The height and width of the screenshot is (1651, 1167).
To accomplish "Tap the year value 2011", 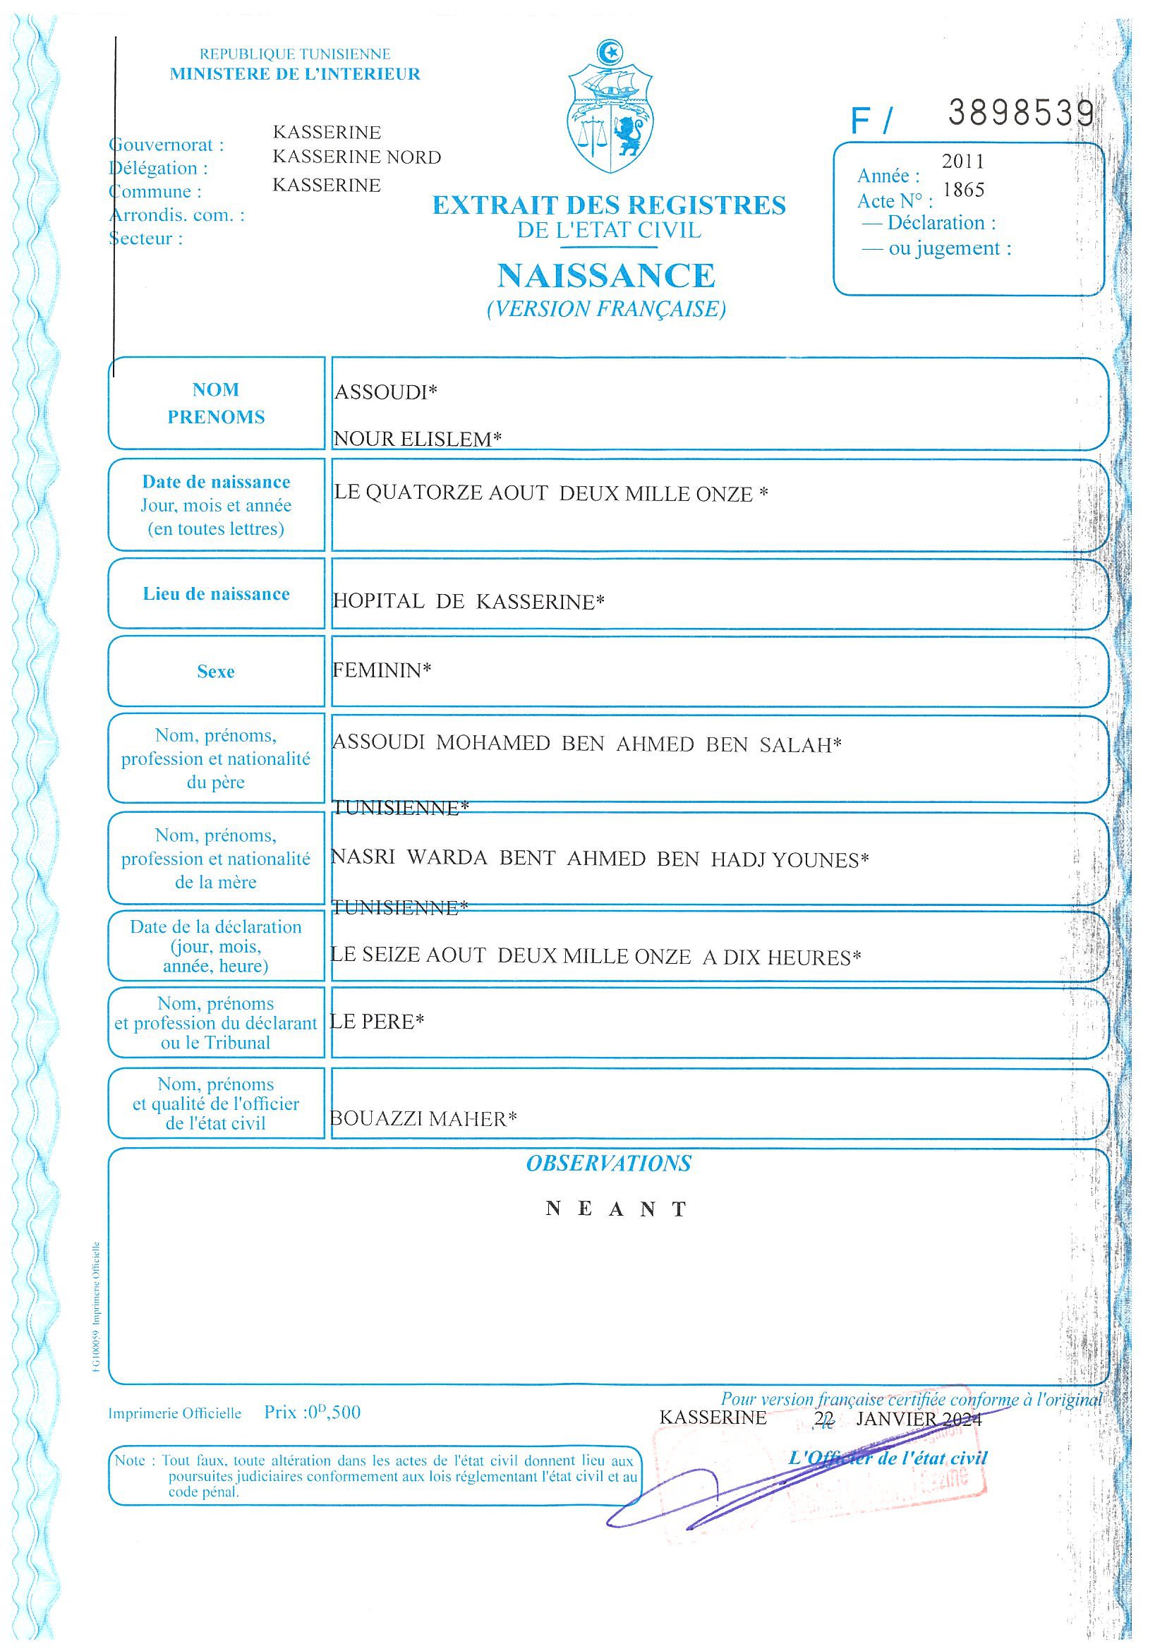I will (x=963, y=162).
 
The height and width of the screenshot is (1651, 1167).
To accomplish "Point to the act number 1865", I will (x=963, y=190).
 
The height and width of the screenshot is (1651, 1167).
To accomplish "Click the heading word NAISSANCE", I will (x=606, y=275).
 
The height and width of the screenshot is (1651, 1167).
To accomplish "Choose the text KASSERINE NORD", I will (x=356, y=157).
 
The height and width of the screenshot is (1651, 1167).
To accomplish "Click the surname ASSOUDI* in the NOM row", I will (x=386, y=392).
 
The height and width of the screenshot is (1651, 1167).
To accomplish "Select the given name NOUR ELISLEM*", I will (x=417, y=439).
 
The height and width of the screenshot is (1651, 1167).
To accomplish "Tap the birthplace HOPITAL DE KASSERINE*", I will (x=468, y=601).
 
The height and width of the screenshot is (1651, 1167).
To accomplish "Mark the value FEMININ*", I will (x=382, y=670).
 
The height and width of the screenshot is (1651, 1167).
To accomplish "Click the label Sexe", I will (x=216, y=672).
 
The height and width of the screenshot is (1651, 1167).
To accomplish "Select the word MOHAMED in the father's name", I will (x=492, y=743).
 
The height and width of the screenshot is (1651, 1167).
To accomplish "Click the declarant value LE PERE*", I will (x=377, y=1021).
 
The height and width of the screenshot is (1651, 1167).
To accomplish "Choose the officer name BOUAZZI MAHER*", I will (x=423, y=1119).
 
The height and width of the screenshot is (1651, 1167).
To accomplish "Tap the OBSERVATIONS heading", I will (x=608, y=1163).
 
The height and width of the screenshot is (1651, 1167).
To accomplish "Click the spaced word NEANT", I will (x=616, y=1209).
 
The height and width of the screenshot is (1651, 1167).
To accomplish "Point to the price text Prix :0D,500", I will (x=312, y=1413).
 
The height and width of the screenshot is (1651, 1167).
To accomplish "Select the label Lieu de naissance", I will (x=216, y=594).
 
